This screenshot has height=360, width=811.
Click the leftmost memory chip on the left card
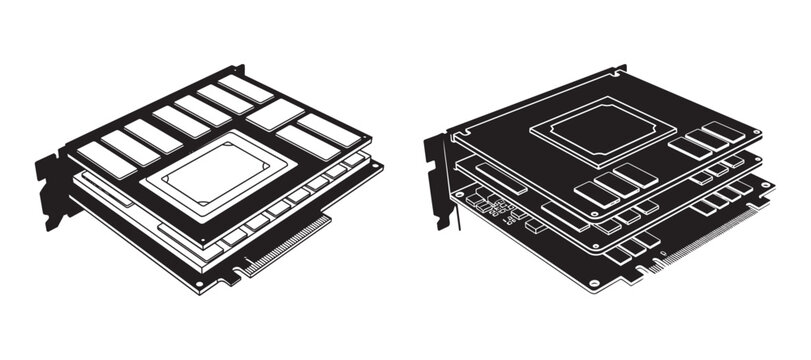[105, 159]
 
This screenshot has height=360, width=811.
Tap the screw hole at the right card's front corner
[594, 284]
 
